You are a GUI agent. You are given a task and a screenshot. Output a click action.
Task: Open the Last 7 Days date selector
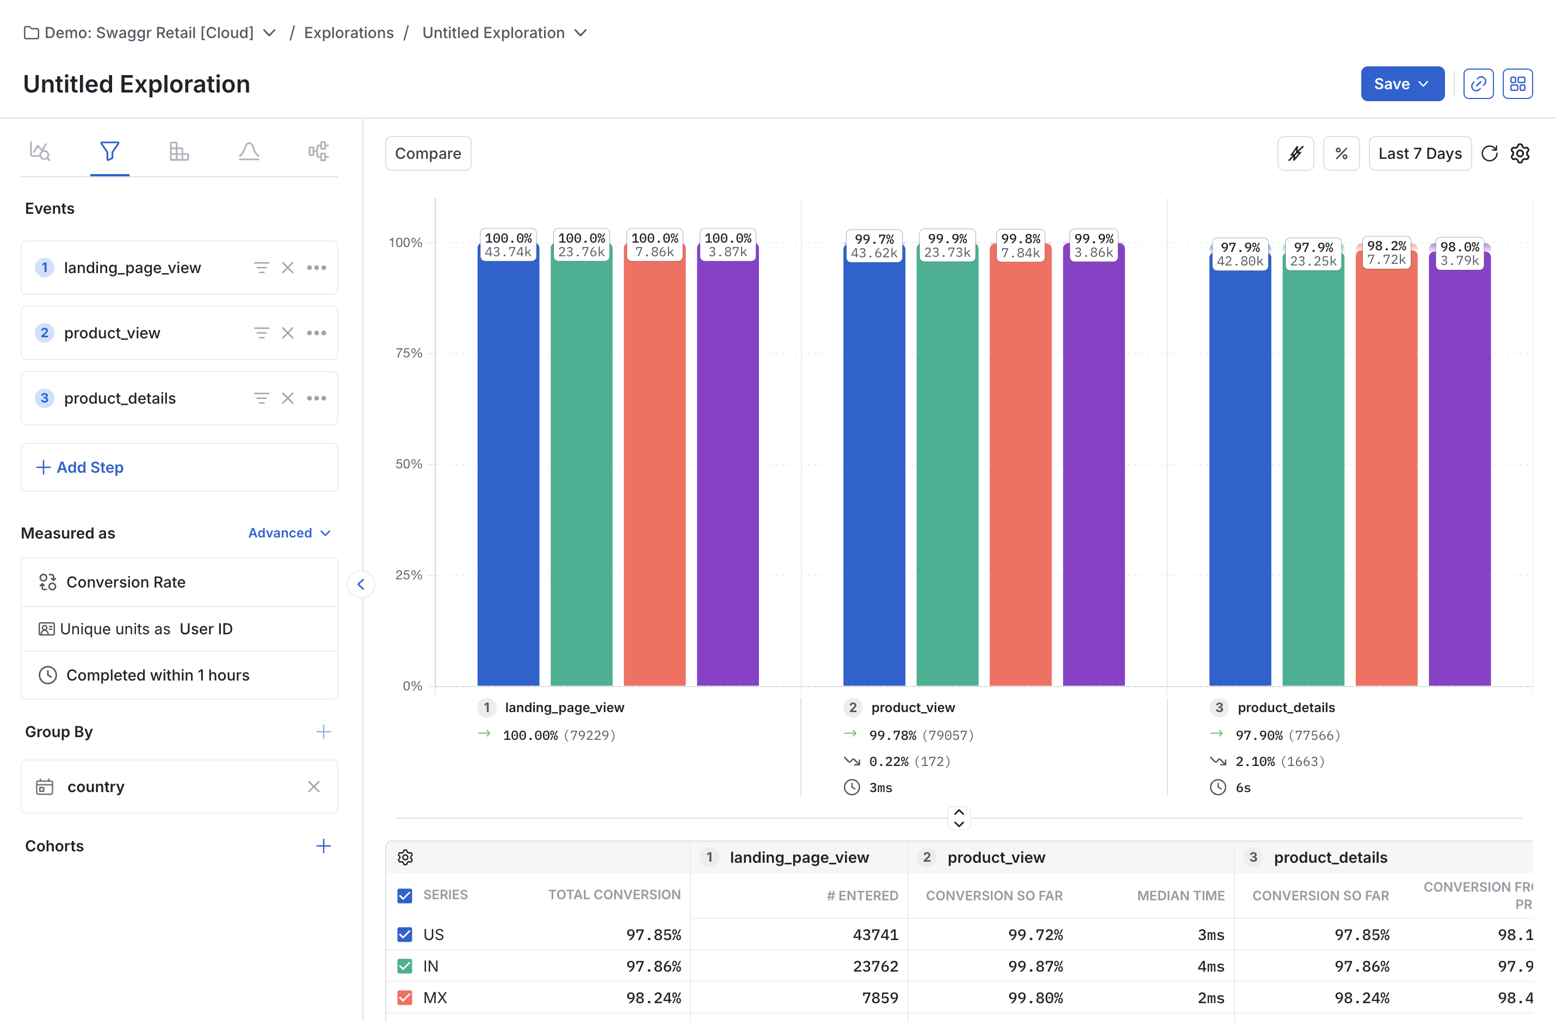coord(1420,154)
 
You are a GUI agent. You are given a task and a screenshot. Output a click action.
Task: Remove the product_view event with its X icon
coord(288,333)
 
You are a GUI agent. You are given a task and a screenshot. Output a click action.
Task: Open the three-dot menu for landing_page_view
coord(317,268)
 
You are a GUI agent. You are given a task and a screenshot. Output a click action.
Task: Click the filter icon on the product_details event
coord(261,399)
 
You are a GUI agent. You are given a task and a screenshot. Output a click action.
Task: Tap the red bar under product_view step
coord(1021,471)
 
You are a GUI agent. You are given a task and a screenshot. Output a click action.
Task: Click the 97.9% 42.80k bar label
coord(1240,255)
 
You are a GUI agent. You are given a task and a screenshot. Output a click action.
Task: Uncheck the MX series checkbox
coord(405,998)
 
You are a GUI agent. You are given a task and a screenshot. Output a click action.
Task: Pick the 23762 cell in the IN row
coord(875,967)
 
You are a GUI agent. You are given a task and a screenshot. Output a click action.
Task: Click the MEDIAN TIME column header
coord(1181,897)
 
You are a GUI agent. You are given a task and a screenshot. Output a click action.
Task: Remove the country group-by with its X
coord(314,787)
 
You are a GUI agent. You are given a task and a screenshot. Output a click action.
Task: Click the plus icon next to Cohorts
coord(323,846)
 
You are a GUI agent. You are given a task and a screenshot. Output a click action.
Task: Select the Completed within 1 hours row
coord(157,675)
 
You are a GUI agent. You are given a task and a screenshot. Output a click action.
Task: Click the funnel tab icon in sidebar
coord(110,152)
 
